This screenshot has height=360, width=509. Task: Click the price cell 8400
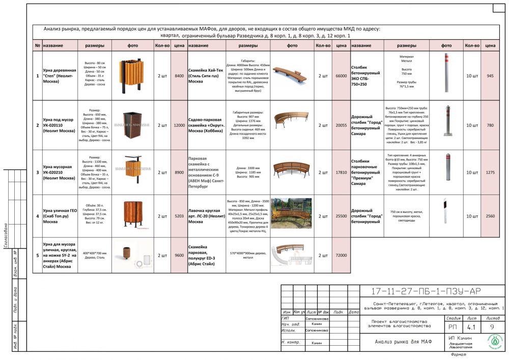(x=179, y=76)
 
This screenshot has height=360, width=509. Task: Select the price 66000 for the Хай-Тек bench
(x=341, y=76)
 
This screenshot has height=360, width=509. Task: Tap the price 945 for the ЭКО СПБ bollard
(x=490, y=76)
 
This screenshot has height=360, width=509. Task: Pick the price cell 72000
(x=341, y=255)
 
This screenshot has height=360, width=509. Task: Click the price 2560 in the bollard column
(x=490, y=216)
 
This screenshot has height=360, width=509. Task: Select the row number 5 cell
(x=37, y=255)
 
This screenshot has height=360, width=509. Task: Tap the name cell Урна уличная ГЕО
(x=59, y=216)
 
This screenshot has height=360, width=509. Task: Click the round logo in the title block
(x=495, y=341)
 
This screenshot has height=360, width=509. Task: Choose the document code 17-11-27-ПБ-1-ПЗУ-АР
(x=426, y=291)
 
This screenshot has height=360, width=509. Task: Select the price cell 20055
(x=341, y=125)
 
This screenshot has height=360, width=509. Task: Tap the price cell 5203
(x=179, y=216)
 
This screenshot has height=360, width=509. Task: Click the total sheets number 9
(x=492, y=327)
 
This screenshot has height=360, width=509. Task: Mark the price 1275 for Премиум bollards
(x=490, y=173)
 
